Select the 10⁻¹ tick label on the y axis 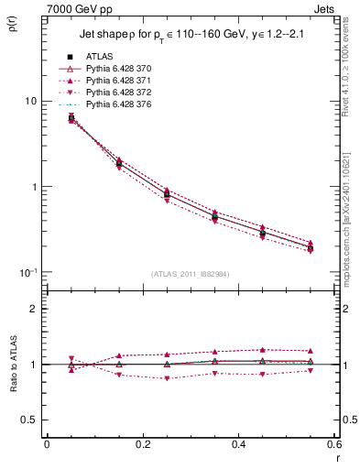coord(28,272)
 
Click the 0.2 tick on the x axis coord(142,445)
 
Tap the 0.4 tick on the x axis coord(238,445)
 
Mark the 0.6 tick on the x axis coord(333,445)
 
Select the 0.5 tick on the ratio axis coord(29,420)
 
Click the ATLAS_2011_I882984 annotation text coord(190,273)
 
